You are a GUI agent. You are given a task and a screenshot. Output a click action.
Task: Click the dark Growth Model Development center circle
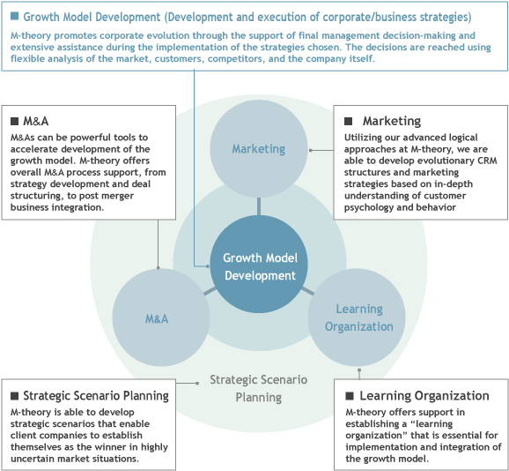tap(259, 264)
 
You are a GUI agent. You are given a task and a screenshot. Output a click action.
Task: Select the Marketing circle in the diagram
tap(259, 148)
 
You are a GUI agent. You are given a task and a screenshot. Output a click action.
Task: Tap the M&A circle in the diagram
tap(161, 318)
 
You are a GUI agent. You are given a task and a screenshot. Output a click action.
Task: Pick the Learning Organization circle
tap(357, 318)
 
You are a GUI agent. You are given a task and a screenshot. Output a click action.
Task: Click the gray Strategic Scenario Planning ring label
tap(258, 388)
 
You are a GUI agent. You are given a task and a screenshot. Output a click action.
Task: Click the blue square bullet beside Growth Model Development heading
tap(14, 16)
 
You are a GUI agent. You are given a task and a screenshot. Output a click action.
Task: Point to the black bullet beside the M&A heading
tap(14, 121)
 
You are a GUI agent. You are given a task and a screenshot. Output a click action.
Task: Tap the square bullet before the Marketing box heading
tap(348, 121)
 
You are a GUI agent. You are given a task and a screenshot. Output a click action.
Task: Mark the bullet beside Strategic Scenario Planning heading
tap(14, 396)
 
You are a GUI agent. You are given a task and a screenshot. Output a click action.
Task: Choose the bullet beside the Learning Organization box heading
tap(350, 396)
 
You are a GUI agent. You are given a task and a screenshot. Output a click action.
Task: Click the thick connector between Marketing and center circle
tap(259, 206)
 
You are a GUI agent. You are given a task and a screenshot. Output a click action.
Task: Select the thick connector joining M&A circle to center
tap(210, 291)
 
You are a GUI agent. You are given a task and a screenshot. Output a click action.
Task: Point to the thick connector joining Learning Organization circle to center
tap(307, 291)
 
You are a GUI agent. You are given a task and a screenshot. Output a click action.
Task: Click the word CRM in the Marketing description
tap(487, 161)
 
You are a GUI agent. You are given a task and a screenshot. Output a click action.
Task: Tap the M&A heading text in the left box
tap(36, 121)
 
